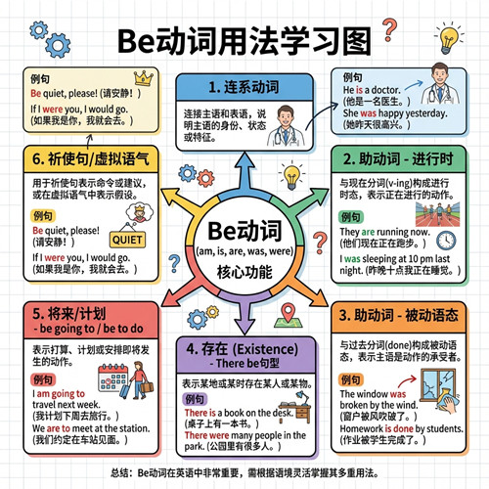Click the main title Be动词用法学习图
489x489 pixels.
[x=244, y=41]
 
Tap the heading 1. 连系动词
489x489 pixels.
[x=244, y=87]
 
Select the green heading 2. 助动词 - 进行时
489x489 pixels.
[x=398, y=159]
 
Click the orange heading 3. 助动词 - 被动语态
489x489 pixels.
[x=398, y=315]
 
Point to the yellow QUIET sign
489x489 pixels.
[x=127, y=240]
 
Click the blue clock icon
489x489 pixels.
[x=446, y=241]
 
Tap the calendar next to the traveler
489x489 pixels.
[x=112, y=378]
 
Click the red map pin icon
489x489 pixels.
[x=289, y=313]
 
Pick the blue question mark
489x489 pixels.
[x=174, y=263]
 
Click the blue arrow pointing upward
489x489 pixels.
[x=244, y=172]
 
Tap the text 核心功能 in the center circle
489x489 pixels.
[x=244, y=272]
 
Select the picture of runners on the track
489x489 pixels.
[x=437, y=214]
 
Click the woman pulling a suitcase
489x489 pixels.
[x=138, y=380]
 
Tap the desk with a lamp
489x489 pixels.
[x=296, y=407]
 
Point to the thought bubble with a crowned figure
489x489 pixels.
[x=140, y=212]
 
